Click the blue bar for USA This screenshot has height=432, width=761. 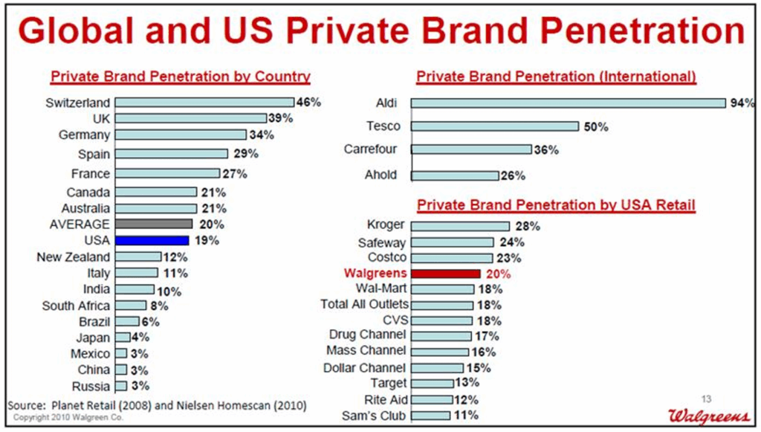coord(152,240)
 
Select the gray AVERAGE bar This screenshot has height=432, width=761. coord(154,224)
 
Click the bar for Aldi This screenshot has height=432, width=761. coord(568,103)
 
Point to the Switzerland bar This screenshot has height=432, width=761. coord(204,103)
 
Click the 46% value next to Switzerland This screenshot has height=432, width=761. coord(308,103)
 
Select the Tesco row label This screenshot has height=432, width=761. coord(383,126)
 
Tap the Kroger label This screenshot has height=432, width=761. coord(386,225)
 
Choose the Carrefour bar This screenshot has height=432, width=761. coord(471,149)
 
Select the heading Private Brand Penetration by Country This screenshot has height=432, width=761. coord(180,77)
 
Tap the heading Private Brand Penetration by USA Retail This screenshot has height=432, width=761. coord(556,204)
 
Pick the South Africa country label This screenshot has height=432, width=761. coord(76,306)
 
